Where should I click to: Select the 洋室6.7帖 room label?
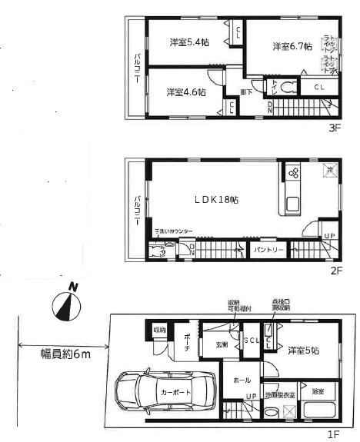tap(292, 47)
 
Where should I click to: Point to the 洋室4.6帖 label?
tap(185, 92)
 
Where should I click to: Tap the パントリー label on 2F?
tap(269, 250)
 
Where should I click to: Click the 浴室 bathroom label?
tap(317, 391)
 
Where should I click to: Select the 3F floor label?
tap(334, 129)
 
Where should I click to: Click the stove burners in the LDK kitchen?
tap(293, 173)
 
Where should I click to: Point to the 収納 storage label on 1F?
tap(159, 330)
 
